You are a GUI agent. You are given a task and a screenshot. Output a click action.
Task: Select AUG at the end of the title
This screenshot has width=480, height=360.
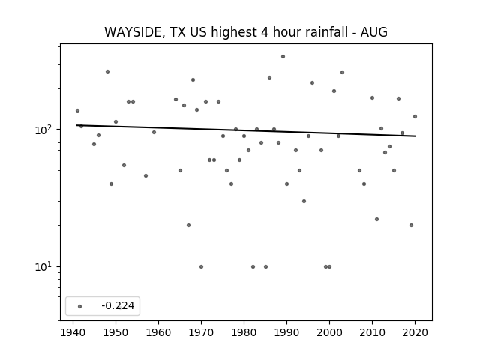(374, 32)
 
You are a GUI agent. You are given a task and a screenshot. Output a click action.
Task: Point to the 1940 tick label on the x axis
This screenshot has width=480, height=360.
(73, 332)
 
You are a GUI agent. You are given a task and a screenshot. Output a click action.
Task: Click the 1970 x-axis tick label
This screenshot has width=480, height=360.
(201, 332)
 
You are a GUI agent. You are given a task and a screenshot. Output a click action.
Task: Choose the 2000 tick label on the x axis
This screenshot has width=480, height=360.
(329, 332)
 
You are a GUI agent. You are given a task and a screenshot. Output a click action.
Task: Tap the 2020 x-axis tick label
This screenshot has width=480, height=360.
(415, 332)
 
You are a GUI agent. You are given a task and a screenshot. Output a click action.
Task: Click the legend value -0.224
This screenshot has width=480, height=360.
(118, 305)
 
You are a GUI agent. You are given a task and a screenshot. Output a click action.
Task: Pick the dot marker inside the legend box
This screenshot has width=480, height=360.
(80, 306)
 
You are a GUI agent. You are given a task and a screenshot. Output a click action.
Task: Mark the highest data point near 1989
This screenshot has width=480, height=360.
(283, 57)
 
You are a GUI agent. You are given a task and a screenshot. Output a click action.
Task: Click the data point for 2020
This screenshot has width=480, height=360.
(415, 117)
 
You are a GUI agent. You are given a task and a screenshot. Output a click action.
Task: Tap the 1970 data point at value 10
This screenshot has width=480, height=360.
(201, 267)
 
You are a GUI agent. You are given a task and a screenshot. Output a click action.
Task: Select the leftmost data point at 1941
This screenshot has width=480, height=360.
(77, 110)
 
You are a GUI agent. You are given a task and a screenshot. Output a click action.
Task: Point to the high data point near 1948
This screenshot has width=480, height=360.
(107, 72)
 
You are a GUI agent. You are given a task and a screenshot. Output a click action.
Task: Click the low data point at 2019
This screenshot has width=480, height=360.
(411, 225)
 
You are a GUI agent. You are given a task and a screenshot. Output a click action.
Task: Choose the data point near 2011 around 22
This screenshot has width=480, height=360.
(376, 219)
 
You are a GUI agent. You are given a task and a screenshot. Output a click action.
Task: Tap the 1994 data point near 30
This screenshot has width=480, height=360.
(304, 201)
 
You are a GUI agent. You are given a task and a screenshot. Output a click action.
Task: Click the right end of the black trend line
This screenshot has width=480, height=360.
(415, 136)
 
